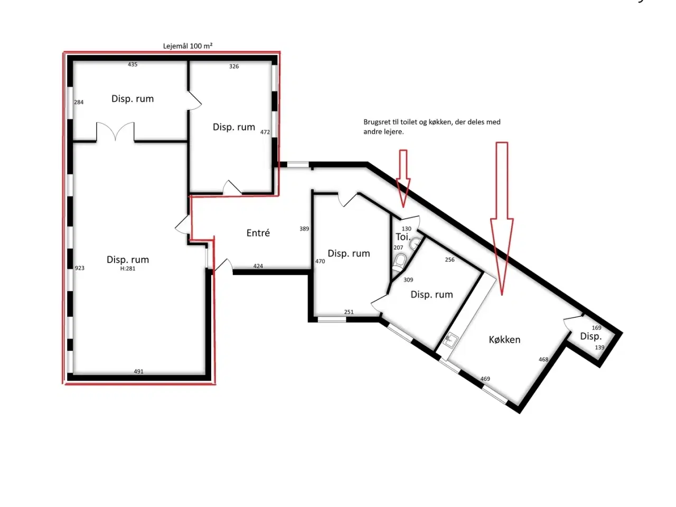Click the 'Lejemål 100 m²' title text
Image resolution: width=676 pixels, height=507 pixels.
coord(187,46)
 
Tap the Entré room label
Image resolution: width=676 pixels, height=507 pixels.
coord(258,233)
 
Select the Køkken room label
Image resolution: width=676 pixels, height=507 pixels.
coord(504,340)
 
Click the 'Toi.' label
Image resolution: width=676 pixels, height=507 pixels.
coord(403,237)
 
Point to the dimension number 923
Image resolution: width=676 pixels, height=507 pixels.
coord(79,268)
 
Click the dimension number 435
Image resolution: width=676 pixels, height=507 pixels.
coord(133,64)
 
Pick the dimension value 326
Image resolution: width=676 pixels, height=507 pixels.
coord(234,66)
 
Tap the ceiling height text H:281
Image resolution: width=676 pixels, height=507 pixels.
coord(127,268)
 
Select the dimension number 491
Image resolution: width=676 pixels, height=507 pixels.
coord(138,372)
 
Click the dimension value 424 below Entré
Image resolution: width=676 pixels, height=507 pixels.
coord(258,266)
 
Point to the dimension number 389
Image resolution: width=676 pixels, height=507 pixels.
coord(304,229)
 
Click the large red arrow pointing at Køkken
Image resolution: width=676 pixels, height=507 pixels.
coord(502,219)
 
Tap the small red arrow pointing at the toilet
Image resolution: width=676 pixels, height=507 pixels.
coord(403,179)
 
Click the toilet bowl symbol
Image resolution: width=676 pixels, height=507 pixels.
coord(399,262)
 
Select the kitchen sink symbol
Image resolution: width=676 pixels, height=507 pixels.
coord(450,340)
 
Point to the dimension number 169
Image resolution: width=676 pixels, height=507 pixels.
coord(597,328)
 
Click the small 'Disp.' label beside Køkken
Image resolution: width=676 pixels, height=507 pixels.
coord(590,336)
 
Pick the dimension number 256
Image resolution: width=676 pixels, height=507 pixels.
coord(449,260)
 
